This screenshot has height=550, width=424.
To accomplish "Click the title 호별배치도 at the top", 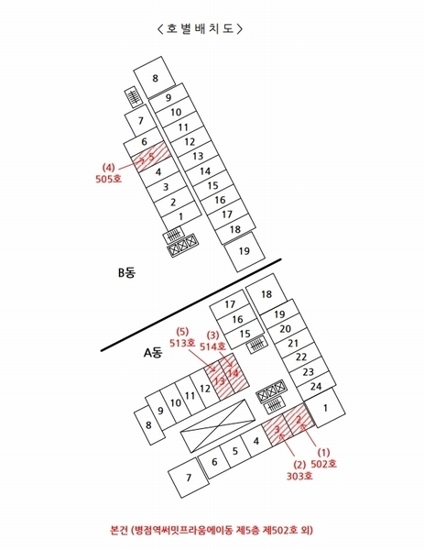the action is point(200,28).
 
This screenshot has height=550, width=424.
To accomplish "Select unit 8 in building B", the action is point(155,78).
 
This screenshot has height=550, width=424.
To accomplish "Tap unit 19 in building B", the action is point(245,251).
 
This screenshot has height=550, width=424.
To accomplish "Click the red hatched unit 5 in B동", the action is point(151,157).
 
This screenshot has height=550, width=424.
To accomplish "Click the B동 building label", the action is point(127,272).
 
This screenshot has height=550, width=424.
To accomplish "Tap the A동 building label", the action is point(154,353).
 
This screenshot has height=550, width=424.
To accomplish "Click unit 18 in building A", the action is point(266,294).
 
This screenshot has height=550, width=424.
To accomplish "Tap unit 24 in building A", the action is point(315,387).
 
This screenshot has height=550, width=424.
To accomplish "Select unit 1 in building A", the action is point(325,408).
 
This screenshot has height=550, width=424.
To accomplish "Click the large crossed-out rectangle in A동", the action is point(217,425).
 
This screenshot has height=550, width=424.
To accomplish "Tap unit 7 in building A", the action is point(189,478).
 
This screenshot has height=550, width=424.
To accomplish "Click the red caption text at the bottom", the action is point(212,529).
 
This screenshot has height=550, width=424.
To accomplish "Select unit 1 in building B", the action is point(181,216).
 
